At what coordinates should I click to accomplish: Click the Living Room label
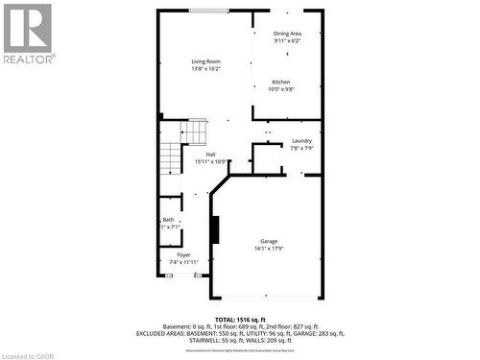[205, 61]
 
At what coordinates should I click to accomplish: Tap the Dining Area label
[287, 35]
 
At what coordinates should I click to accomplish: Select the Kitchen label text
[280, 82]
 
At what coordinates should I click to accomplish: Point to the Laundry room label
[301, 140]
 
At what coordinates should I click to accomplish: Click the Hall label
[210, 154]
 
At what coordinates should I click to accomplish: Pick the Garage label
[269, 240]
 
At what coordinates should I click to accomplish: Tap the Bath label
[169, 220]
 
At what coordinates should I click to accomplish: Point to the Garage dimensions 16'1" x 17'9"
[269, 249]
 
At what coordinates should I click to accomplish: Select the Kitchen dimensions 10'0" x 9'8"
[280, 90]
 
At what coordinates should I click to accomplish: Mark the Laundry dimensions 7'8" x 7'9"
[301, 148]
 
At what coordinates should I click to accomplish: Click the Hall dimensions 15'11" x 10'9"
[210, 161]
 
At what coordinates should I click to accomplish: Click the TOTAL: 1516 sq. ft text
[238, 318]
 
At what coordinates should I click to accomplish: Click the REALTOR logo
[28, 33]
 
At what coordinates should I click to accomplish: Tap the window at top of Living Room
[208, 11]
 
